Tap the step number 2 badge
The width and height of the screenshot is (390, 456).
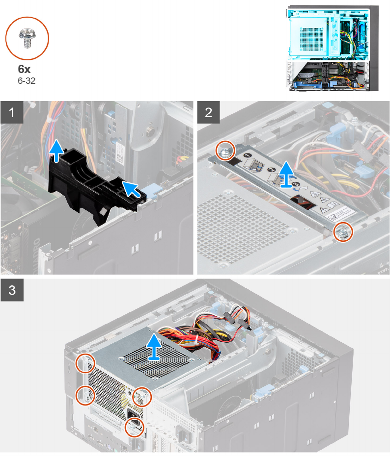[209, 113]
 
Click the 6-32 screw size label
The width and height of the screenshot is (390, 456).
[26, 80]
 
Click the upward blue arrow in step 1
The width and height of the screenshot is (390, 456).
[57, 150]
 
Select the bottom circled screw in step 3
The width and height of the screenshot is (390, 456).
[134, 427]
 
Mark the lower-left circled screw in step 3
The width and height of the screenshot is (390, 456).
[85, 394]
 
